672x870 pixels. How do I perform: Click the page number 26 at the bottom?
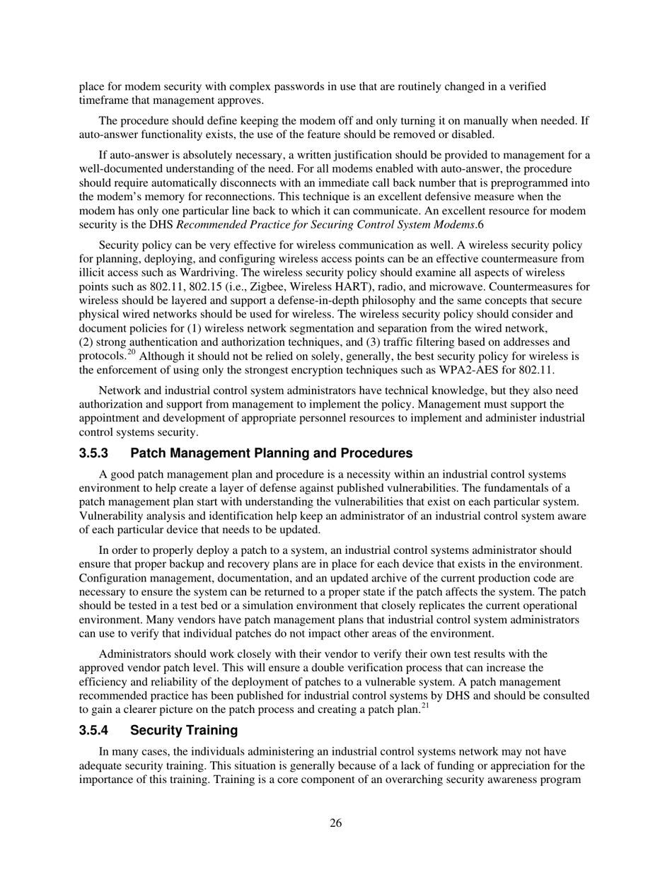pyautogui.click(x=335, y=823)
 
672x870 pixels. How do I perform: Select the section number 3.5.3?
pyautogui.click(x=93, y=453)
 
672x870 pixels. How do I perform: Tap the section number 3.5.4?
pyautogui.click(x=93, y=729)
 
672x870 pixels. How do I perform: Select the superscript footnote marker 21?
pyautogui.click(x=425, y=705)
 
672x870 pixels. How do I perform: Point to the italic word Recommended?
pyautogui.click(x=209, y=224)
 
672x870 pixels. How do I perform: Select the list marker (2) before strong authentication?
pyautogui.click(x=86, y=342)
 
